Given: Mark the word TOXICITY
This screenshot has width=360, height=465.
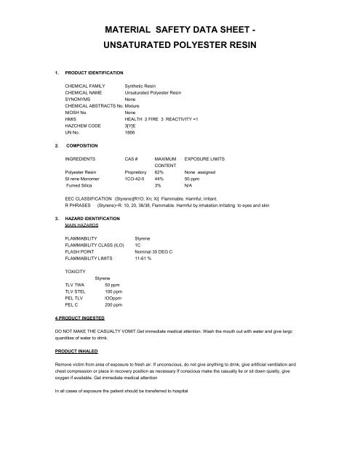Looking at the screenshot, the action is click(76, 272).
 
